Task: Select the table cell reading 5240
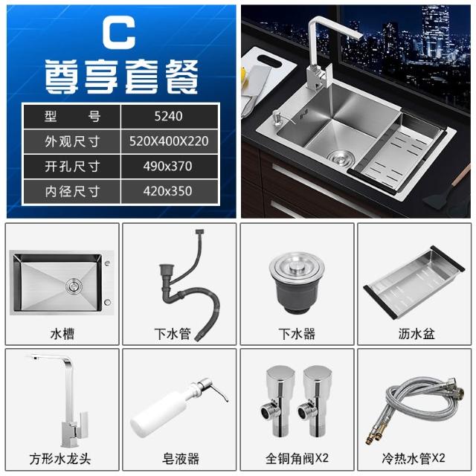click(169, 116)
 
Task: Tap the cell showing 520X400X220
click(169, 141)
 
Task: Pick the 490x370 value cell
click(169, 167)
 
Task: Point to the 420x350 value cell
click(169, 191)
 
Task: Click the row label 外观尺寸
click(72, 141)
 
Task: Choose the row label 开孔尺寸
click(72, 167)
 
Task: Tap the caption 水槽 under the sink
click(62, 334)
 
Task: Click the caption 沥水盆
click(416, 334)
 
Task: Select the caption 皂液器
click(180, 458)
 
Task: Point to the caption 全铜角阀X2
click(297, 458)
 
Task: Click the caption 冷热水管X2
click(414, 458)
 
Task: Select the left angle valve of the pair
click(276, 401)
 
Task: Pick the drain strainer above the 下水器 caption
click(297, 283)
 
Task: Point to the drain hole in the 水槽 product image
click(74, 286)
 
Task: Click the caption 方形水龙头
click(60, 458)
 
